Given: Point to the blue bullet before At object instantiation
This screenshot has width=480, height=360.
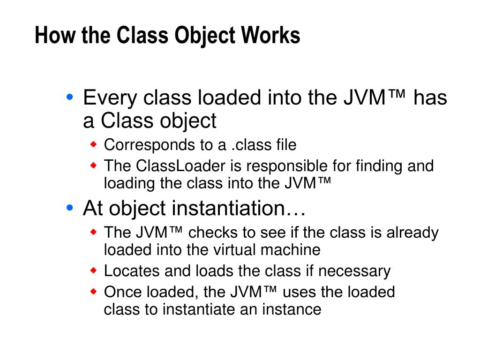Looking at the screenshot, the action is click(70, 207).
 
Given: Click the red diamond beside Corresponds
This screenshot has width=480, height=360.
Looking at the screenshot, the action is click(93, 143).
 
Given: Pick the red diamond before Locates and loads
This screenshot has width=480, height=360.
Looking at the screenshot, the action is click(93, 270).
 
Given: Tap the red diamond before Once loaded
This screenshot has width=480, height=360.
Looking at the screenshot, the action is click(93, 291).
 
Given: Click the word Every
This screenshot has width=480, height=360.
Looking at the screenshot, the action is click(110, 98).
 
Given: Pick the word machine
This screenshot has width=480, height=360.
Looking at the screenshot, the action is click(291, 250).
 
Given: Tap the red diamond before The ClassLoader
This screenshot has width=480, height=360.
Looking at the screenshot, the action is click(93, 165).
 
